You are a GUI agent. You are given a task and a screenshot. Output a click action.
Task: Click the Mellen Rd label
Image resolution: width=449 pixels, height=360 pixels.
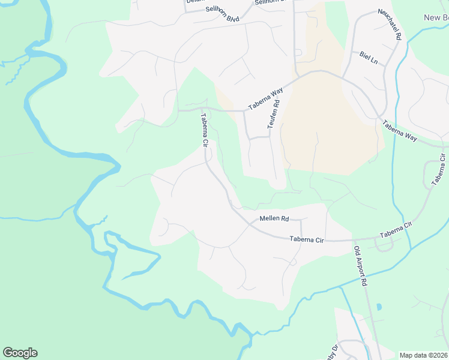[274, 219]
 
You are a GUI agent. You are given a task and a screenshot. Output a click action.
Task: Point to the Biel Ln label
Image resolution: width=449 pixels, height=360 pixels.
[369, 59]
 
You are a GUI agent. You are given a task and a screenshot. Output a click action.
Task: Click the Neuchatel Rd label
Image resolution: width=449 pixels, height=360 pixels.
[388, 25]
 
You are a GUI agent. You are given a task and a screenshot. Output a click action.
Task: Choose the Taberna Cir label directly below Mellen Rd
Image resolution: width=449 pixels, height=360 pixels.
[306, 239]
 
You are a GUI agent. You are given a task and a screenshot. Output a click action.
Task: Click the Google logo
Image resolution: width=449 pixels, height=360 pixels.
[20, 353]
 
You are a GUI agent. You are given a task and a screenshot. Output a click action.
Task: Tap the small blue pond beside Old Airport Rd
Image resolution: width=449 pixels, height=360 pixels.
[379, 307]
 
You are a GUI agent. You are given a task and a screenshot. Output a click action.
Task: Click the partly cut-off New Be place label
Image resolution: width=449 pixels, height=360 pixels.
[436, 17]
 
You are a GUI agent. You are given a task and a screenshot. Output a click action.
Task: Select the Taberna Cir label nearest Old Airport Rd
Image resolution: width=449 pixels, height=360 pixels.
[396, 228]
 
